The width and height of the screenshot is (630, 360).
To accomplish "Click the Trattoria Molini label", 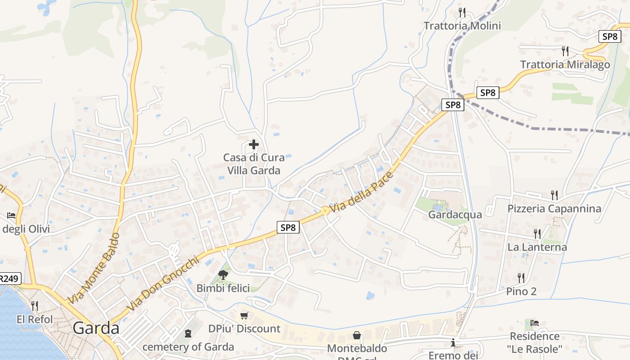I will (x=462, y=26).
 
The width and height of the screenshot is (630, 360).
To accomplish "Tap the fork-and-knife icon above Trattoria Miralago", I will (x=565, y=51).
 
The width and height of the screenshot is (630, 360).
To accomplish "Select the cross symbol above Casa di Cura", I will (x=254, y=144).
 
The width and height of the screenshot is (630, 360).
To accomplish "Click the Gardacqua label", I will (x=455, y=215).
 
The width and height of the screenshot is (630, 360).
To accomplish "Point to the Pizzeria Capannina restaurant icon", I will (x=554, y=195).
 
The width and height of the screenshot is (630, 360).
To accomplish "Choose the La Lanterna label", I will (x=537, y=247).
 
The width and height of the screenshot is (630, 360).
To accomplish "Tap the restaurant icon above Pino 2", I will (x=521, y=278).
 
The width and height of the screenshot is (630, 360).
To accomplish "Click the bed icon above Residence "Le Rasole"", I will (x=535, y=323).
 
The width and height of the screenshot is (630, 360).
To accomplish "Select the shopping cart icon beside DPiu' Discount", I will (x=244, y=316).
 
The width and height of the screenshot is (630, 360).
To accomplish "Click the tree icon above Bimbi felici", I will (x=223, y=274).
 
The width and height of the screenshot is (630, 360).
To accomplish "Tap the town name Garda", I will (x=96, y=328).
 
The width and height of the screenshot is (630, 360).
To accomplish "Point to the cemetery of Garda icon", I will (x=188, y=333).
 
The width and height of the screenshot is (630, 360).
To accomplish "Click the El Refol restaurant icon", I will (x=35, y=306).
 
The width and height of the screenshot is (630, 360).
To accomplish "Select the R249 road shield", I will (x=9, y=279).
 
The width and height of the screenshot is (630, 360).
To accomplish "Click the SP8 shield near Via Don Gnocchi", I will (x=288, y=227).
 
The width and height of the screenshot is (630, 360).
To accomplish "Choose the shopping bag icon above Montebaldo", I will (x=357, y=335).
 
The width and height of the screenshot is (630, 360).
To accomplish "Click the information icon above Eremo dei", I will (x=453, y=343).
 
